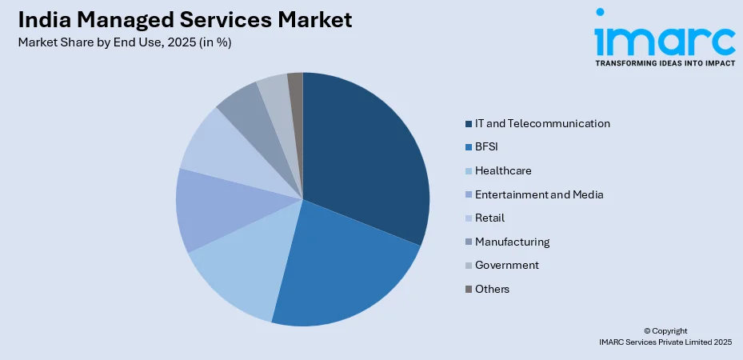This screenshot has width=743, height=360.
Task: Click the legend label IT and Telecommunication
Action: click(x=542, y=123)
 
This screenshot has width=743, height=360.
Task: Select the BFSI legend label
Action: click(x=486, y=147)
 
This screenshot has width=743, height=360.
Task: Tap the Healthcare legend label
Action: click(x=503, y=170)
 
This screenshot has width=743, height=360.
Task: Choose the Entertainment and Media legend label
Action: click(x=539, y=194)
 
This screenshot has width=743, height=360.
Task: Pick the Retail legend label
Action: click(x=489, y=218)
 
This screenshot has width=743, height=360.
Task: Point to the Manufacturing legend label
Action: click(x=512, y=242)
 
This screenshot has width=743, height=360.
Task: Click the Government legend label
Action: click(x=506, y=265)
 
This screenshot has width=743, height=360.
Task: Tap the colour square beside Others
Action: click(x=466, y=289)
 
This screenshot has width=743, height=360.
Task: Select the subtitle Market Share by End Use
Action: click(x=124, y=43)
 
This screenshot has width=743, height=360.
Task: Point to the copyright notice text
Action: click(x=665, y=336)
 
